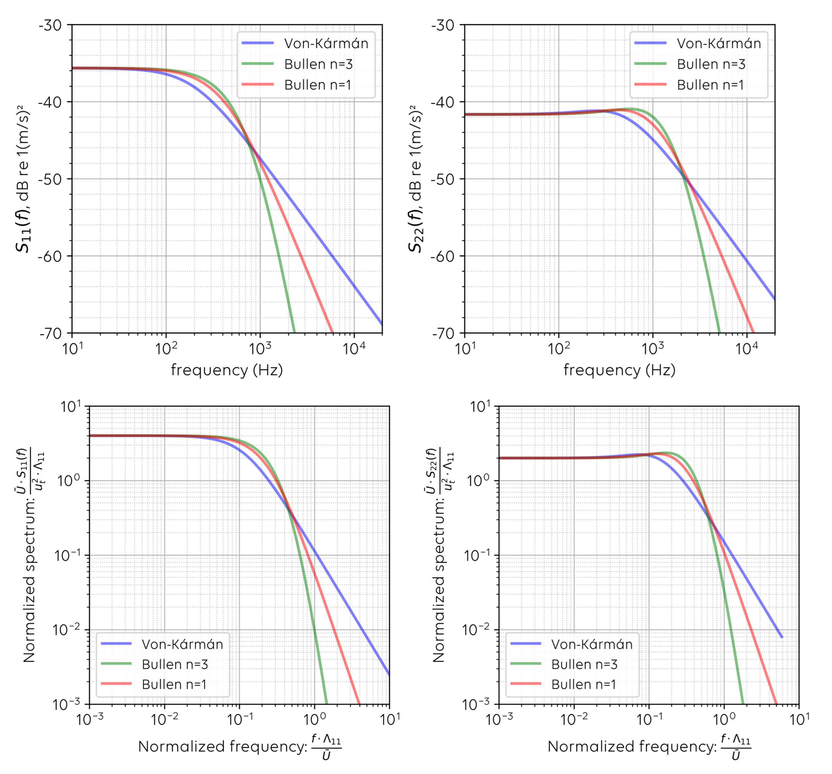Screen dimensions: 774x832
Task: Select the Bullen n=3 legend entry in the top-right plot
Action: pos(711,64)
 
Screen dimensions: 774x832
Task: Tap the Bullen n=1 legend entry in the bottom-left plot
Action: pos(174,685)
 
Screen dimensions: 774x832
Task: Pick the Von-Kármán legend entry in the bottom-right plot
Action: pos(591,644)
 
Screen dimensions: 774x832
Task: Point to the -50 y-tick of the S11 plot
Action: pos(50,179)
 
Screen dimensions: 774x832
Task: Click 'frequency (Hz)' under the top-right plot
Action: pos(619,370)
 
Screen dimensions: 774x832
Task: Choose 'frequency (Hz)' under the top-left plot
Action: pos(227,370)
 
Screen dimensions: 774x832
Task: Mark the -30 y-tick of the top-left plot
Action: pos(50,25)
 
